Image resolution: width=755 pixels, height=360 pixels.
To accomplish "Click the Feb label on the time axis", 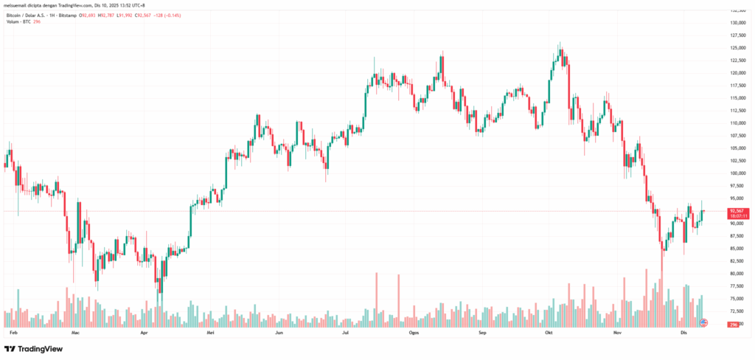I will (13, 333).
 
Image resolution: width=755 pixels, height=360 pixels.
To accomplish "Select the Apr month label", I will (145, 333).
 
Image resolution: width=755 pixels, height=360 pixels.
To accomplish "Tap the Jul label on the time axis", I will (346, 333).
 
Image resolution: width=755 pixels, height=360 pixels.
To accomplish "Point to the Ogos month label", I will (414, 333).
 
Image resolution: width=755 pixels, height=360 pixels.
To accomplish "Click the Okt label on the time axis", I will (549, 333).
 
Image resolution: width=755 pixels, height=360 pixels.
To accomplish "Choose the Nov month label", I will (618, 333).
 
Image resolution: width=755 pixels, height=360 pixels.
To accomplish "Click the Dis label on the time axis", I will (684, 333).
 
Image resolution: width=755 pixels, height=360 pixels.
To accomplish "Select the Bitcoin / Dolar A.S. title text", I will (29, 15).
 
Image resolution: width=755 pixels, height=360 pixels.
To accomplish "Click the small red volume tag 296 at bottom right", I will (734, 325).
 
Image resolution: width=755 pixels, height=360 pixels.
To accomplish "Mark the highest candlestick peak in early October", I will (560, 44).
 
